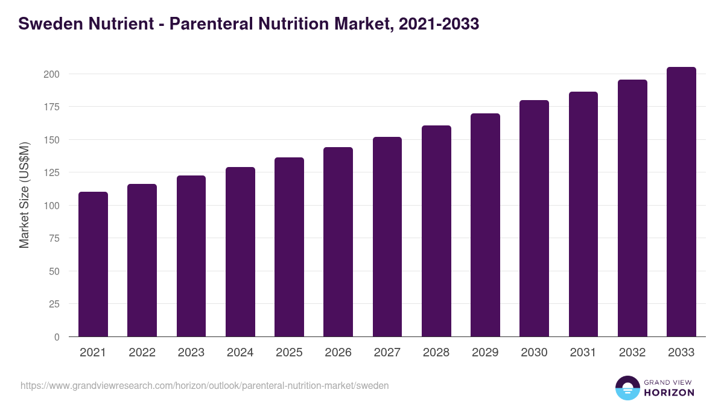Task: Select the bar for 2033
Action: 681,202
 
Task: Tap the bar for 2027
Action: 387,237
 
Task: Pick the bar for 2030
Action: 534,218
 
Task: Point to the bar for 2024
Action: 240,252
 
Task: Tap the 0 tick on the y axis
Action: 57,337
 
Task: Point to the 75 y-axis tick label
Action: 54,238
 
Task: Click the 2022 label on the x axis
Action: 142,353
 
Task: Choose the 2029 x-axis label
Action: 485,353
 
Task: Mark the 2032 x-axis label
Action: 632,353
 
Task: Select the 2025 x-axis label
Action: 289,353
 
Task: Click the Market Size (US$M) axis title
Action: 24,195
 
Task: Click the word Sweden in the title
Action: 51,24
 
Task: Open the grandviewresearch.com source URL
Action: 205,385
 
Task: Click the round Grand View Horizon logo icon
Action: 627,388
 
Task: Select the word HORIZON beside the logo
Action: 668,393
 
